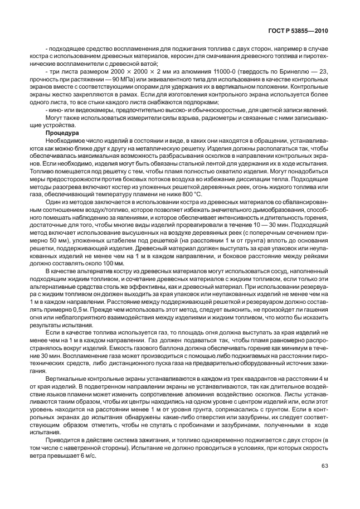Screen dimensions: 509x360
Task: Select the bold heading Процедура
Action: [62, 133]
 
